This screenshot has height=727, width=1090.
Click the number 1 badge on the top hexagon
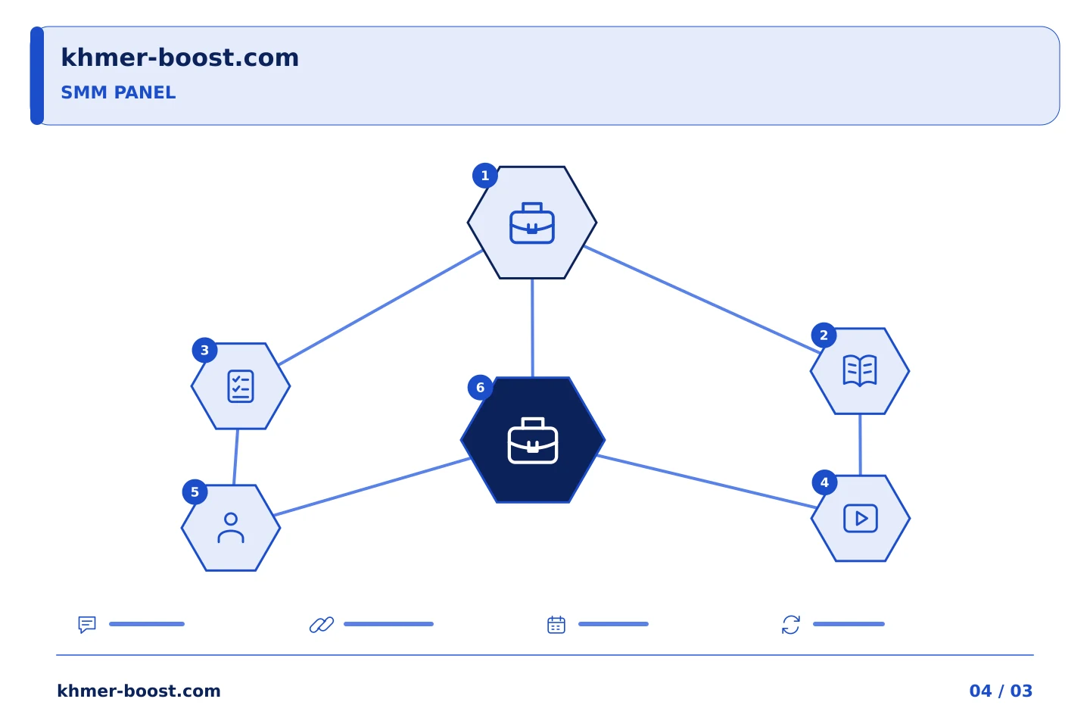(484, 175)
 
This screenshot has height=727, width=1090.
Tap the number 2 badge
(824, 335)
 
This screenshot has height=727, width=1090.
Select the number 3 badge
(204, 350)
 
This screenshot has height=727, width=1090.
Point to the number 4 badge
(824, 482)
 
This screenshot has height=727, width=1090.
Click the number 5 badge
(195, 491)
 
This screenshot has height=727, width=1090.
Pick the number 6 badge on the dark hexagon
(480, 387)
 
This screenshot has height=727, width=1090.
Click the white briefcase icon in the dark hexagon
(532, 440)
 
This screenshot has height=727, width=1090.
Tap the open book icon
(860, 370)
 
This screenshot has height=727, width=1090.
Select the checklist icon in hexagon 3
(241, 386)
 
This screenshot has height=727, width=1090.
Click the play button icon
(861, 518)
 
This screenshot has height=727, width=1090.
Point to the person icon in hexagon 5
(231, 527)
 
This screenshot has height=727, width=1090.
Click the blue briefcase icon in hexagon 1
(532, 223)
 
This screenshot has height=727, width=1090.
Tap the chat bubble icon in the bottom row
(87, 624)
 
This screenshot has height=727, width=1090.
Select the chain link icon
(322, 624)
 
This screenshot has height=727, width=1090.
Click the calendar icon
(556, 624)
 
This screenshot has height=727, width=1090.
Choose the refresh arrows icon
(791, 624)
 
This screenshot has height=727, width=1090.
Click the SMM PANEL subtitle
(118, 92)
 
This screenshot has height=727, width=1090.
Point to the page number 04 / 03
(1001, 691)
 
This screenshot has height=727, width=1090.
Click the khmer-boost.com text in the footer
(139, 691)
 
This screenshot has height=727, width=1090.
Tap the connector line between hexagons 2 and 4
(860, 445)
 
